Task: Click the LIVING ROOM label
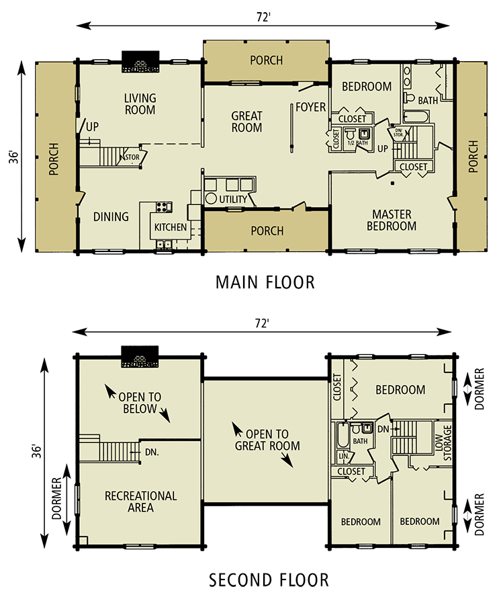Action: click(x=140, y=105)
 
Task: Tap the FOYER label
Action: click(x=310, y=108)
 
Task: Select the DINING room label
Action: click(x=111, y=216)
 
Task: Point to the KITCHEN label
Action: click(x=171, y=227)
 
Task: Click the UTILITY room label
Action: click(x=232, y=200)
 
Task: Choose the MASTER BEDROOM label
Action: click(x=392, y=221)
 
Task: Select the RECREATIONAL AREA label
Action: click(x=140, y=502)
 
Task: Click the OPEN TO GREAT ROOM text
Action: click(x=267, y=440)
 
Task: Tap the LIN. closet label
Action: click(x=342, y=456)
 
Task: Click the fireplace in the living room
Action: click(x=140, y=68)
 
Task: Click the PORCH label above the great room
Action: click(x=267, y=61)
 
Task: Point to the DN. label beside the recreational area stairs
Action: click(x=152, y=452)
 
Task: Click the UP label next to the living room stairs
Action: click(x=91, y=126)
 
